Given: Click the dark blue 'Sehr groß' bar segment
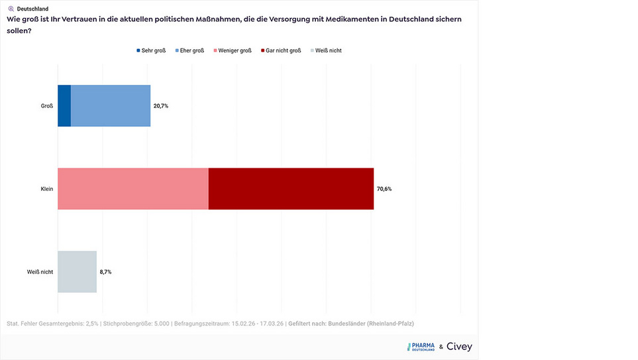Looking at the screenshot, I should pyautogui.click(x=64, y=105).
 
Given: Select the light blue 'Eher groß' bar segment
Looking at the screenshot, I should pyautogui.click(x=111, y=105).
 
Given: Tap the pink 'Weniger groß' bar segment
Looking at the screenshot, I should pyautogui.click(x=133, y=189).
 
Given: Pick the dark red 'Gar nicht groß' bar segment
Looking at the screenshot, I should pyautogui.click(x=291, y=189).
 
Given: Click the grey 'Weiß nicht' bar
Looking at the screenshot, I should pyautogui.click(x=77, y=272).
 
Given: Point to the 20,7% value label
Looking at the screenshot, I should pyautogui.click(x=161, y=105).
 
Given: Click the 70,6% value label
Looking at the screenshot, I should pyautogui.click(x=384, y=189).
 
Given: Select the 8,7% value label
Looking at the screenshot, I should pyautogui.click(x=106, y=272).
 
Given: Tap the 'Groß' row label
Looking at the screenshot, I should pyautogui.click(x=47, y=106).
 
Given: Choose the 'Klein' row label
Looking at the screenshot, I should pyautogui.click(x=46, y=189).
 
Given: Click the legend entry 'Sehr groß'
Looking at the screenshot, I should pyautogui.click(x=151, y=50).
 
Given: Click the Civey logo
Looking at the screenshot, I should pyautogui.click(x=459, y=347).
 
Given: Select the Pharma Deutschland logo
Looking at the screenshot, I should pyautogui.click(x=421, y=347).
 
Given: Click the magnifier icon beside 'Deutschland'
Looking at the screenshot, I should pyautogui.click(x=11, y=9).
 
